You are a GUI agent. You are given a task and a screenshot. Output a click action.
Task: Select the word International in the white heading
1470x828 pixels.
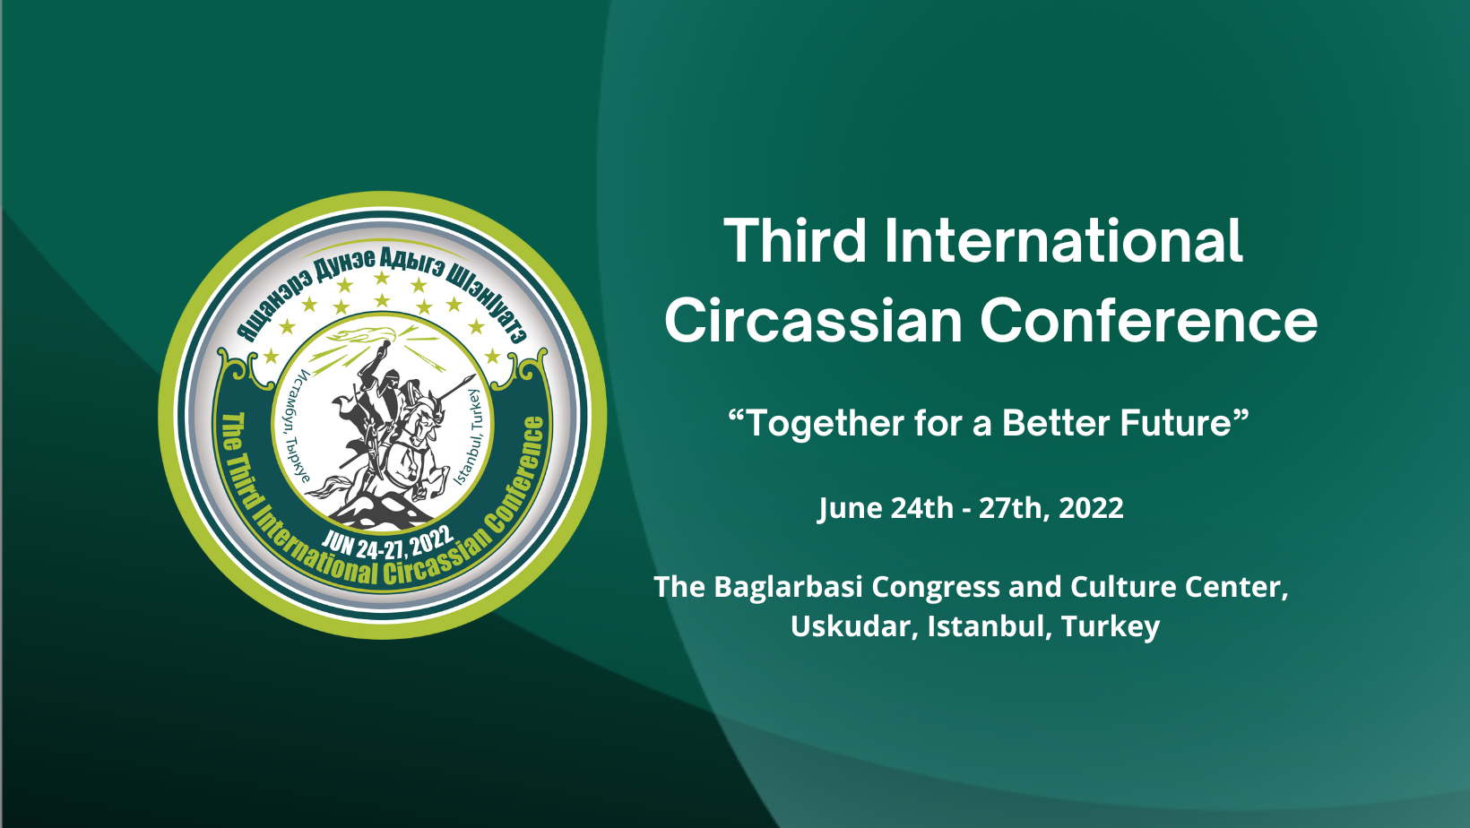1063,240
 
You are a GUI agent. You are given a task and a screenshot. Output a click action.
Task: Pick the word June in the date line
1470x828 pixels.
849,508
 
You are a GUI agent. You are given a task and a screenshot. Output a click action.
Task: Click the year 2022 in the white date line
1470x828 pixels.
1091,508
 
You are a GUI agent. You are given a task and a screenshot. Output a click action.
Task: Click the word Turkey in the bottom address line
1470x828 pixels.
1111,627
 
